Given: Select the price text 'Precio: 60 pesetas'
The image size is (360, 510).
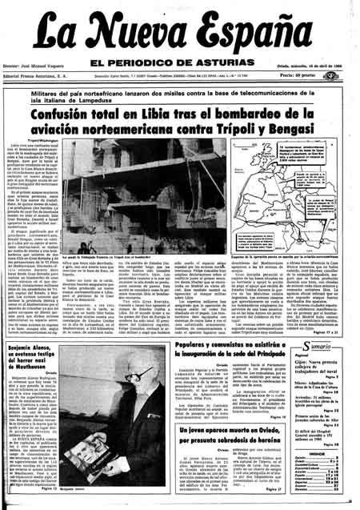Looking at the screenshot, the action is [x=321, y=76].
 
